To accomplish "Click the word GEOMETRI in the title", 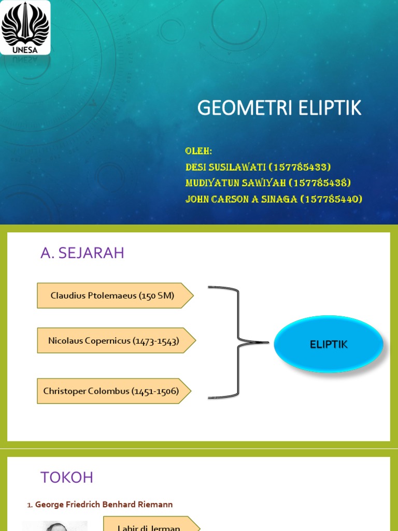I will [239, 108].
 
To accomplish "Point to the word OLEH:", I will [199, 151].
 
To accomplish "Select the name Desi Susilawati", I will [226, 167].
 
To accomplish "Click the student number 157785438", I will [320, 183].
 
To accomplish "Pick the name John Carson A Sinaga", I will [241, 199].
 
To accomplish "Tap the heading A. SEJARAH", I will [82, 253].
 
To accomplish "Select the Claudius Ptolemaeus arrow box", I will [115, 296].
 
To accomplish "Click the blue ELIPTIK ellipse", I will [329, 344].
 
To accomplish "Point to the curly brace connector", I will [238, 342].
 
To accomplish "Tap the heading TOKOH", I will [67, 478].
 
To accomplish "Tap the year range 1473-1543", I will [156, 341].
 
